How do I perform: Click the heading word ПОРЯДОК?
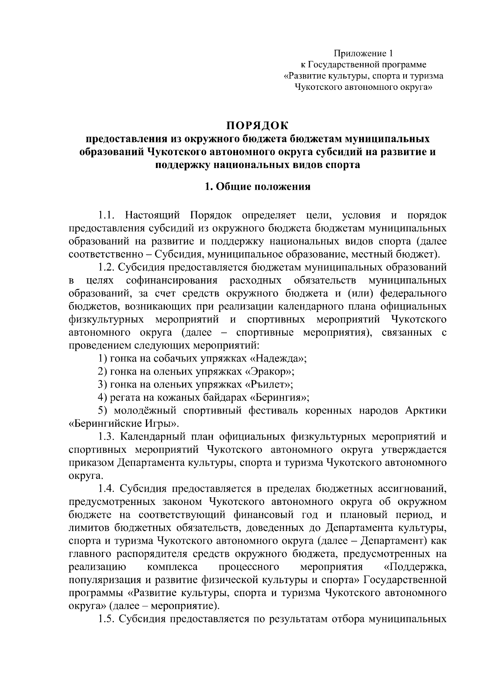click(257, 126)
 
